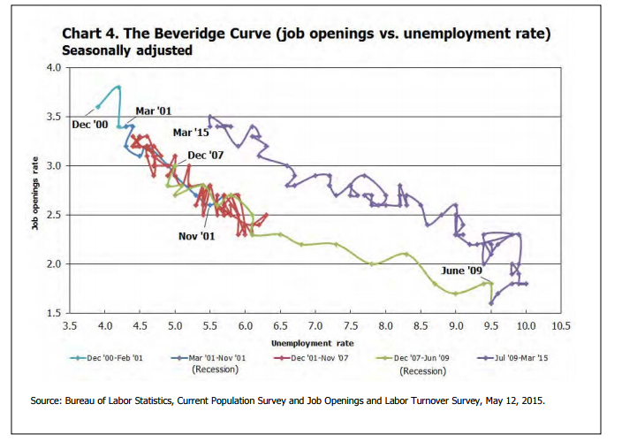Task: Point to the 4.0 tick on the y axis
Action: pos(54,67)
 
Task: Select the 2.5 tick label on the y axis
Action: pos(54,215)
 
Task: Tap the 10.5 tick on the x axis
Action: pos(561,325)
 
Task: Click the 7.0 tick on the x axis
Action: pos(315,325)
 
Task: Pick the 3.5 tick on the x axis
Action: pos(70,325)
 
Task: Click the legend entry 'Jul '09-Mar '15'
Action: pos(515,358)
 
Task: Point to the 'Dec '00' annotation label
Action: pos(89,125)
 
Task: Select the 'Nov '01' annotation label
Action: pos(196,236)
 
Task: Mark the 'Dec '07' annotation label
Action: pos(206,156)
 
